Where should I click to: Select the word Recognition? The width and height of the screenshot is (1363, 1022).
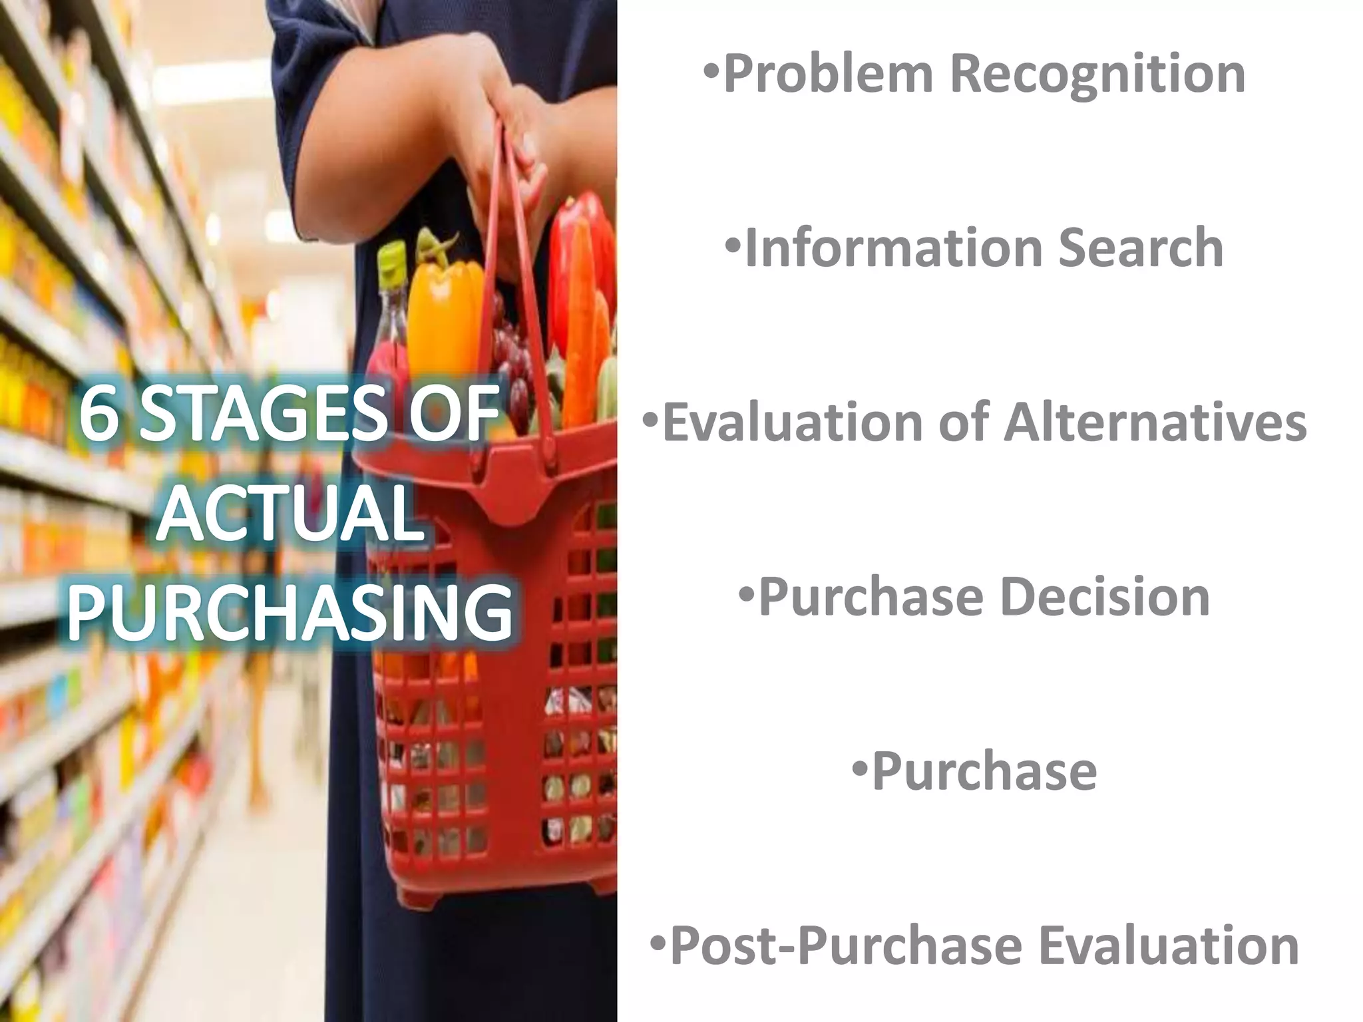[x=1101, y=75]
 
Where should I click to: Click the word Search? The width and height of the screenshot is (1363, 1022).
[x=1141, y=248]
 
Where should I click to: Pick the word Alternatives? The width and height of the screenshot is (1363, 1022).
[x=1155, y=423]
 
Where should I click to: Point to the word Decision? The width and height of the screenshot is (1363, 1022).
[x=1105, y=597]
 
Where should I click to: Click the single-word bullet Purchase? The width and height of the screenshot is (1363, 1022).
[x=984, y=772]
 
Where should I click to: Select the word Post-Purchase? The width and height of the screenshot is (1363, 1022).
[x=846, y=946]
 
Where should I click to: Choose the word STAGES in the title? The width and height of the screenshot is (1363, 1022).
[x=263, y=414]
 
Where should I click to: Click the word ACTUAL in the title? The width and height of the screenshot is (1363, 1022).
[x=291, y=514]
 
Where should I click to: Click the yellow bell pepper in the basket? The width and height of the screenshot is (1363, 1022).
[x=445, y=313]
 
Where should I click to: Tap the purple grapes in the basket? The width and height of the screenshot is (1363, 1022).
[x=512, y=359]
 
